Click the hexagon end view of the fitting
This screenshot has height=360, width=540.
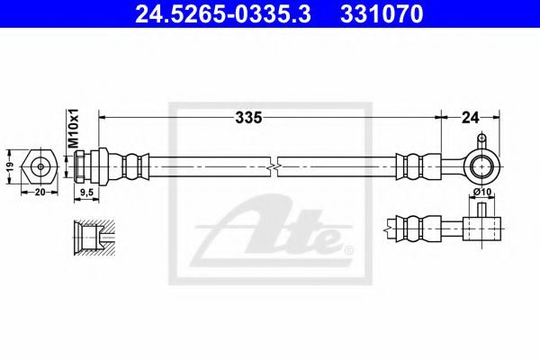click(41, 166)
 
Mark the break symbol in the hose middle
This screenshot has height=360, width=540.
click(274, 166)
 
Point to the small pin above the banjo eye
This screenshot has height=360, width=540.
click(482, 140)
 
